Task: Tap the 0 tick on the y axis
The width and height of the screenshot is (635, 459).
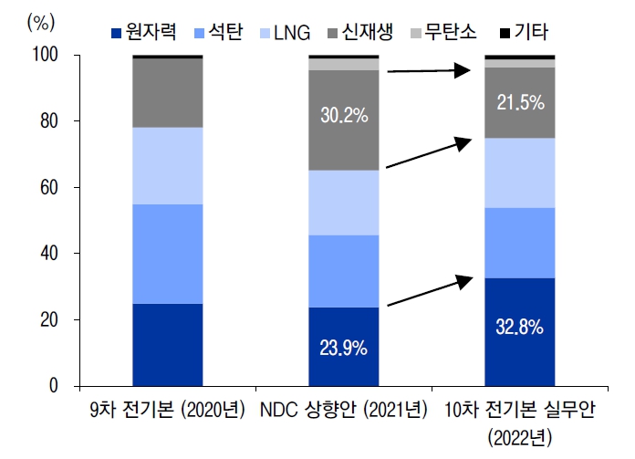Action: coord(53,386)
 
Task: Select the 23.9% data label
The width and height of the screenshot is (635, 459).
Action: coord(343,349)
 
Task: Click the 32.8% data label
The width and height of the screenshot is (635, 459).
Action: coord(519,328)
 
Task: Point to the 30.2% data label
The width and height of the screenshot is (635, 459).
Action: coord(343,116)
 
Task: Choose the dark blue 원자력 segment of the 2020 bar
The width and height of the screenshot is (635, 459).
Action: coord(168,345)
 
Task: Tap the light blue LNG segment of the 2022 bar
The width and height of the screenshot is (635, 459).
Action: coord(519,172)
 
